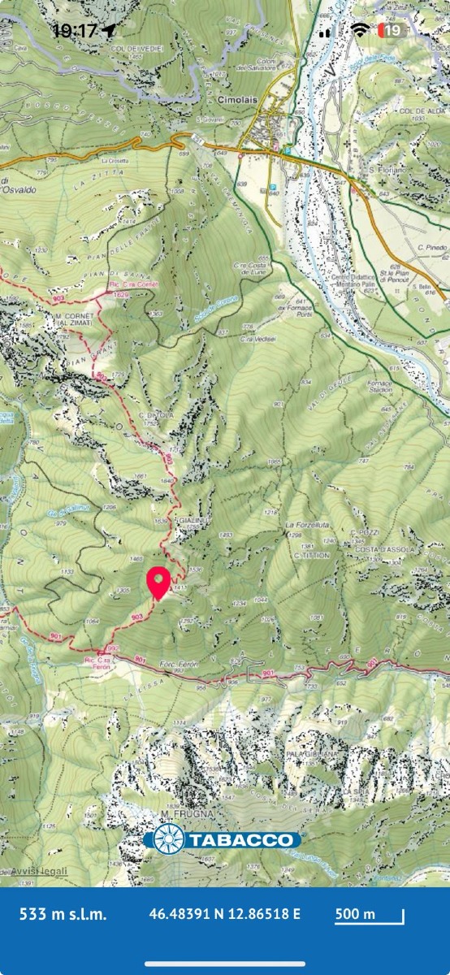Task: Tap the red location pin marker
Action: [x=158, y=582]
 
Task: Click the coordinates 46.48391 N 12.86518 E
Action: [x=224, y=914]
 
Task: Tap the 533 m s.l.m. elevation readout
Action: [x=63, y=914]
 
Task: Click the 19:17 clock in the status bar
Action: [x=75, y=31]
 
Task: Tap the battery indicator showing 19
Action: [x=392, y=31]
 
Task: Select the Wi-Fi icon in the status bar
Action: [x=360, y=31]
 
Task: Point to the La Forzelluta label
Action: [x=307, y=526]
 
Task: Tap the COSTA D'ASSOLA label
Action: [x=384, y=550]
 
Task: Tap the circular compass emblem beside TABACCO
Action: [x=169, y=839]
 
